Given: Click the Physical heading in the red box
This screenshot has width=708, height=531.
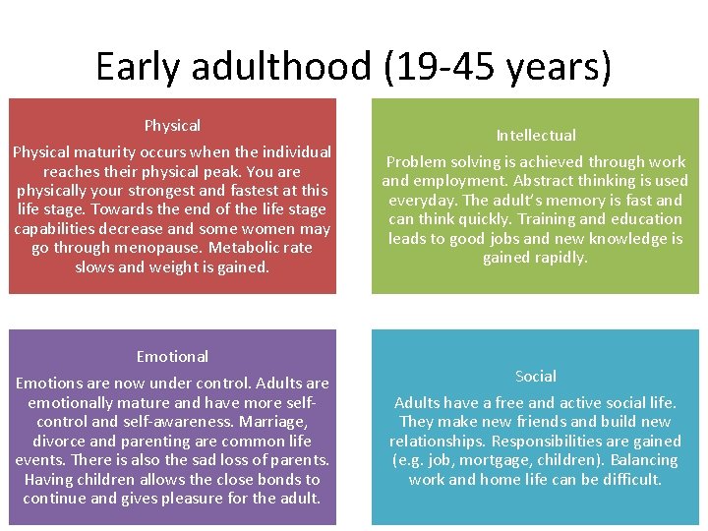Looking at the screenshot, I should pyautogui.click(x=172, y=126).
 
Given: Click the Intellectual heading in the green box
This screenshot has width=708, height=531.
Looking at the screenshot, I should pyautogui.click(x=536, y=136).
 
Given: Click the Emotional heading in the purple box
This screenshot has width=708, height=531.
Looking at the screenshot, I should pyautogui.click(x=172, y=357).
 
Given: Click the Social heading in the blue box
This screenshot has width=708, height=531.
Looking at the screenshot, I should pyautogui.click(x=536, y=377).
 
